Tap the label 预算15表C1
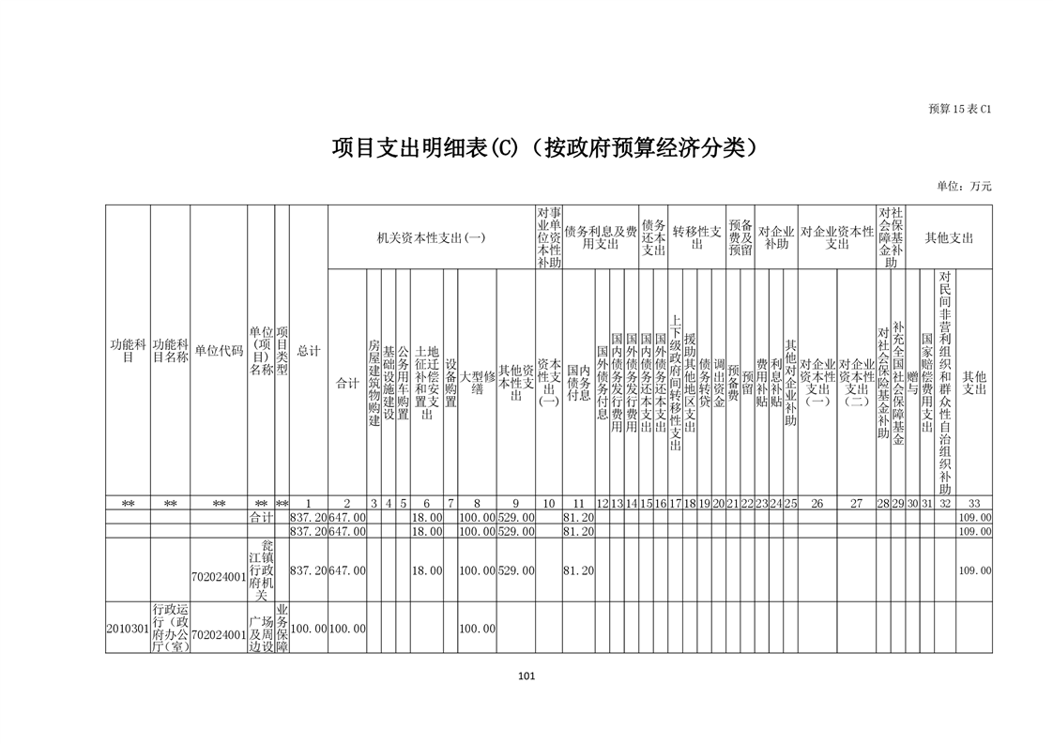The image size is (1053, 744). click(x=959, y=109)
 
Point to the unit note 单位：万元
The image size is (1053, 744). click(x=963, y=186)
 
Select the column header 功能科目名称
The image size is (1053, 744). click(x=171, y=351)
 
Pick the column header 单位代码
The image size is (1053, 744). click(x=219, y=351)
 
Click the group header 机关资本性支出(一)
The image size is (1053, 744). click(x=431, y=238)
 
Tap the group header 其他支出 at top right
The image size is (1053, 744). click(x=949, y=238)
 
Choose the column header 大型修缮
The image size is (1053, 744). click(x=477, y=384)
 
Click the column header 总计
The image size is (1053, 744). click(x=308, y=351)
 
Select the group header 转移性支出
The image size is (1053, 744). click(x=696, y=238)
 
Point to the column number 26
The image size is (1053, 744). click(x=816, y=504)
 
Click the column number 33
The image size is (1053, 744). click(x=974, y=504)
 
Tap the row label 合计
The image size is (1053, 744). click(x=261, y=517)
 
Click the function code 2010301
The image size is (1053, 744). click(x=128, y=628)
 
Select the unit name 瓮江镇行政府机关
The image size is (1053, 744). click(x=261, y=570)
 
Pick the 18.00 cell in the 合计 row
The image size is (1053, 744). click(x=427, y=517)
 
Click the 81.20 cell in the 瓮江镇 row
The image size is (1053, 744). click(x=579, y=570)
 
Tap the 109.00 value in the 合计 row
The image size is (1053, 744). click(x=974, y=517)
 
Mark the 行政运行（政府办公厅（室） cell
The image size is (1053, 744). click(x=171, y=628)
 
